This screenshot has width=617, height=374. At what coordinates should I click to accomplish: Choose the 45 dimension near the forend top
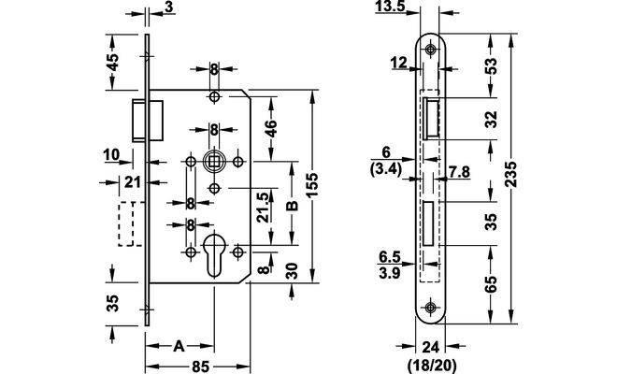click(x=112, y=64)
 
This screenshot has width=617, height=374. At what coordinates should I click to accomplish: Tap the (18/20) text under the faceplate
click(x=431, y=359)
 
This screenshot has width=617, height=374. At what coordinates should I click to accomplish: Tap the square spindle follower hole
click(x=214, y=161)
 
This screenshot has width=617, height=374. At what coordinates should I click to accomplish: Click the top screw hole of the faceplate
click(x=431, y=50)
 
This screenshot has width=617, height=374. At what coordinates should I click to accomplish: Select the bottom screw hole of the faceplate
click(x=431, y=307)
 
